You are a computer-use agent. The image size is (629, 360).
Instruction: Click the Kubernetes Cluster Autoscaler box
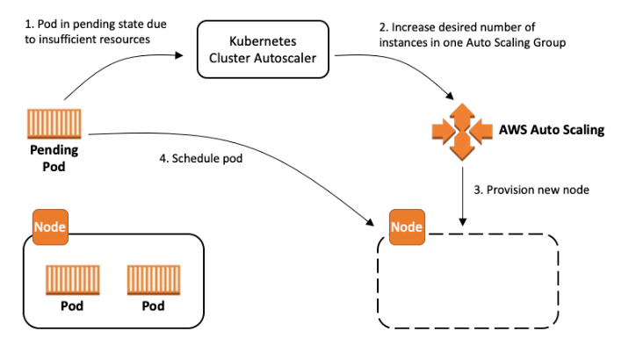point(263,49)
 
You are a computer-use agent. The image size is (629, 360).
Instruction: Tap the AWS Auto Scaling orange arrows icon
point(462,132)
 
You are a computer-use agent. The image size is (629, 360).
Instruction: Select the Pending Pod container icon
point(54,124)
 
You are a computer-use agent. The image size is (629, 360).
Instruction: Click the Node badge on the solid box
point(50,227)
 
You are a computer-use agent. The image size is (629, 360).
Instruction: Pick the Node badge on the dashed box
point(407,227)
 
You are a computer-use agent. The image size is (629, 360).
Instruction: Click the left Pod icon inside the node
point(73,280)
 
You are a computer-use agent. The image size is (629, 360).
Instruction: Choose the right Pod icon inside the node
point(154,280)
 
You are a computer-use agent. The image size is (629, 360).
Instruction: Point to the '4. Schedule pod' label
point(201,158)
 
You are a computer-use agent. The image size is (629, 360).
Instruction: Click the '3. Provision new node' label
point(531,190)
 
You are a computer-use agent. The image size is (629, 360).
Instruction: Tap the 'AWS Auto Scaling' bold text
point(552,130)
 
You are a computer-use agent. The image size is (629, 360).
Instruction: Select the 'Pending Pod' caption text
point(54,158)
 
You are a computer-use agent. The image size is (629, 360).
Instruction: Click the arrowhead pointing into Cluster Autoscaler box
point(179,55)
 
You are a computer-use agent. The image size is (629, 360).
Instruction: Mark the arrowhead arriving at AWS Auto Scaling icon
point(449,96)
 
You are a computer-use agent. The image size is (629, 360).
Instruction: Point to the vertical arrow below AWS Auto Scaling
point(462,196)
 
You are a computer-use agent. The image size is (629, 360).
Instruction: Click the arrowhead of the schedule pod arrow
point(369,221)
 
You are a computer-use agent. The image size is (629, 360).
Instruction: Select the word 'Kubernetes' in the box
point(263,41)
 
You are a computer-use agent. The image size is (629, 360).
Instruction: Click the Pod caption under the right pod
point(153,306)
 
